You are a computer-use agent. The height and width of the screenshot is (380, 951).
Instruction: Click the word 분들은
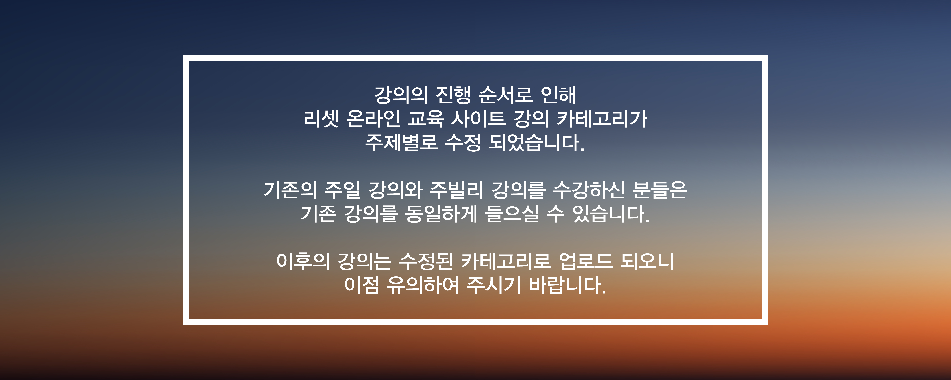coord(660,190)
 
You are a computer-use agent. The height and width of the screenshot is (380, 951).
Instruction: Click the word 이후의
coord(303,261)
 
